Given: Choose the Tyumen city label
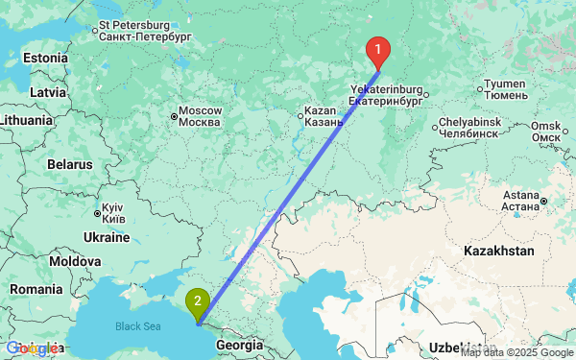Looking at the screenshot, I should [506, 89].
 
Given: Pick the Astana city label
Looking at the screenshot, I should [520, 201].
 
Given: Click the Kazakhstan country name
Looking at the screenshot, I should [498, 250].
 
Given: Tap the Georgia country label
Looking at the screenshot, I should [239, 344].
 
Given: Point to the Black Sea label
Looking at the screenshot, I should [139, 326].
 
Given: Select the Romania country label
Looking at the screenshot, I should [37, 289].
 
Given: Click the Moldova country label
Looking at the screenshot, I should [76, 261].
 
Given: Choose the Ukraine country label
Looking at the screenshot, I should [107, 237].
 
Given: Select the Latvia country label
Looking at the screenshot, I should [47, 91].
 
